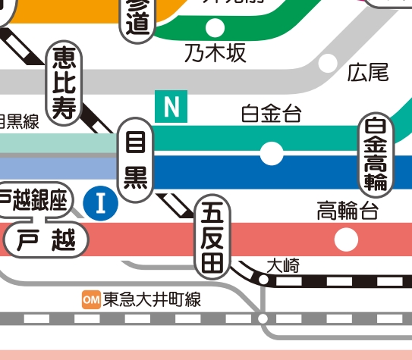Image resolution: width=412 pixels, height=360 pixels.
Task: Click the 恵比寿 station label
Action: click(x=64, y=83)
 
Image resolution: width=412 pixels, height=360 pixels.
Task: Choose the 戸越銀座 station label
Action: click(x=34, y=201)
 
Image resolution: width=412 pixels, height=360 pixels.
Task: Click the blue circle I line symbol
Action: click(x=100, y=202)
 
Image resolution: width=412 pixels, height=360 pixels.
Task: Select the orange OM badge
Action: click(x=91, y=300)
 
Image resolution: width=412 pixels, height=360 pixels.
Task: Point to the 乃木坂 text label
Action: click(x=215, y=55)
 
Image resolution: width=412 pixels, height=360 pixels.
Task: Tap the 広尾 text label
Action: click(x=368, y=73)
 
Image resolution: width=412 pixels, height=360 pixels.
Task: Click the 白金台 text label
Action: click(x=271, y=114)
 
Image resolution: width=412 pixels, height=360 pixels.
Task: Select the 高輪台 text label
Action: click(x=347, y=211)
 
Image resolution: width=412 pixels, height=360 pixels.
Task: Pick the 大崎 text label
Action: click(x=283, y=265)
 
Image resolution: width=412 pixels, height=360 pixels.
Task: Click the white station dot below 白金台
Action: click(x=271, y=153)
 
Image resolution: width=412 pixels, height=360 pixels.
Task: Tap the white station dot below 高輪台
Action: click(x=347, y=240)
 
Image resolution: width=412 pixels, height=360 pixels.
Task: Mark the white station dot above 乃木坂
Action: click(x=215, y=27)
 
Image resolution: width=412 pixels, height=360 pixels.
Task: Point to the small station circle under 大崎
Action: click(x=263, y=280)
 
